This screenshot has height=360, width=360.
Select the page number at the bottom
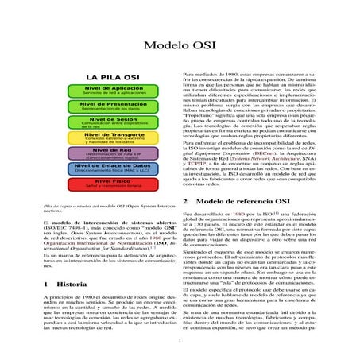(180, 342)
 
